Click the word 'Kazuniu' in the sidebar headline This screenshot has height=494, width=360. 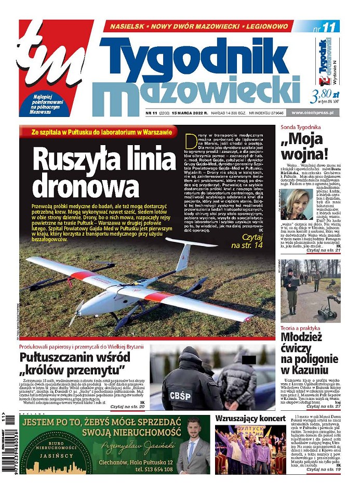(304, 370)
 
